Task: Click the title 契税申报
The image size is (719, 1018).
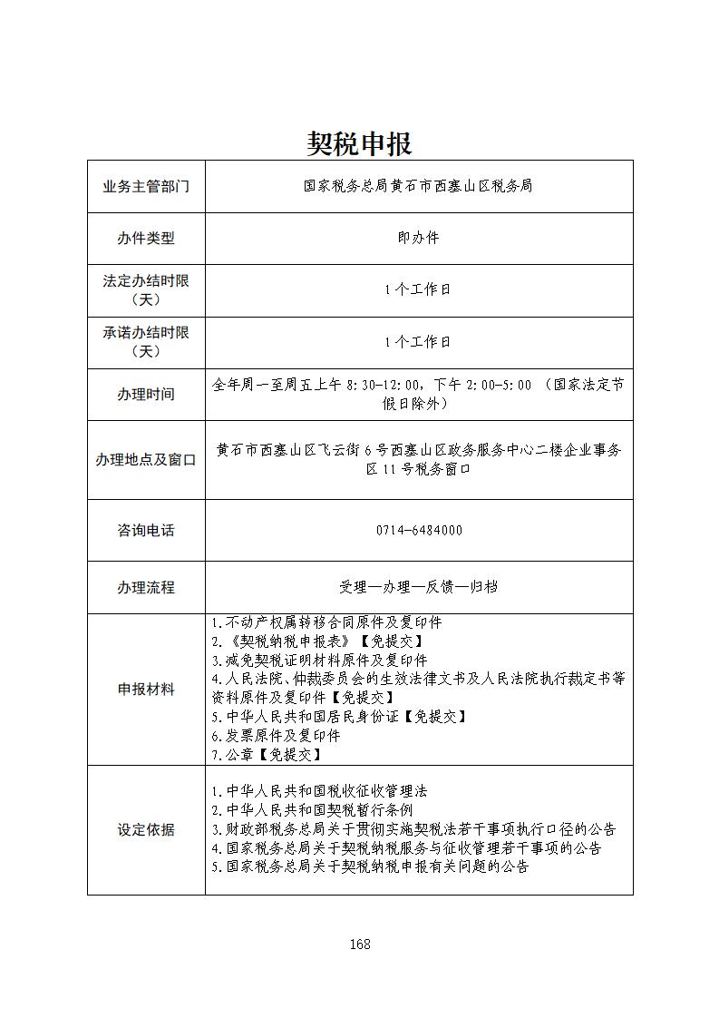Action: click(x=359, y=143)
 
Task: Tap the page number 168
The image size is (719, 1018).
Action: click(x=360, y=944)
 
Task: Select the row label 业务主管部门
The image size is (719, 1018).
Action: click(x=146, y=186)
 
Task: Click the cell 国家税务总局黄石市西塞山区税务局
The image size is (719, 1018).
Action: click(x=418, y=186)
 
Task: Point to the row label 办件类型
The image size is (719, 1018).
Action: click(x=146, y=239)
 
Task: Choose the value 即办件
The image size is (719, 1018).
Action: click(x=418, y=238)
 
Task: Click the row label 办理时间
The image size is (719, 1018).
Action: click(x=146, y=395)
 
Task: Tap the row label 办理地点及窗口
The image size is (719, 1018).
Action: click(x=146, y=460)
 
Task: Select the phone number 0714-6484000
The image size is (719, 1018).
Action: click(x=418, y=530)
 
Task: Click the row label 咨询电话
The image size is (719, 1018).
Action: click(x=146, y=530)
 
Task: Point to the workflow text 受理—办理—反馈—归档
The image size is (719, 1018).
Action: click(x=418, y=587)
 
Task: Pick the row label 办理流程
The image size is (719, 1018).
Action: click(x=146, y=587)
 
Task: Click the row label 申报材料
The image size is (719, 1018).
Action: click(x=146, y=690)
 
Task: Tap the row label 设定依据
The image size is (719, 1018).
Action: click(x=146, y=830)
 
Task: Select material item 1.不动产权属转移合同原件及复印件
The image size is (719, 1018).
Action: click(x=326, y=622)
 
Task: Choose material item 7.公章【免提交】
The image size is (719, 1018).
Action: click(x=266, y=755)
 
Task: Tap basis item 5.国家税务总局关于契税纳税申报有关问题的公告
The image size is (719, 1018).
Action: click(x=370, y=866)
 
